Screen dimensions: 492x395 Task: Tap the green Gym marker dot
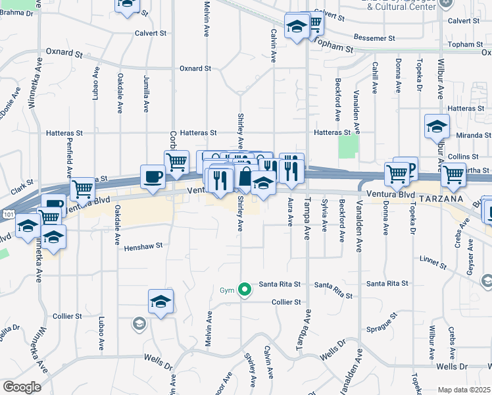(245, 288)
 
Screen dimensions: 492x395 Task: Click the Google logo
(22, 387)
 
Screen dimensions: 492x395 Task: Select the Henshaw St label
(143, 248)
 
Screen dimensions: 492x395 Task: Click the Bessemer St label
(374, 38)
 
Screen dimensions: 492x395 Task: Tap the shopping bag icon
(245, 176)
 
